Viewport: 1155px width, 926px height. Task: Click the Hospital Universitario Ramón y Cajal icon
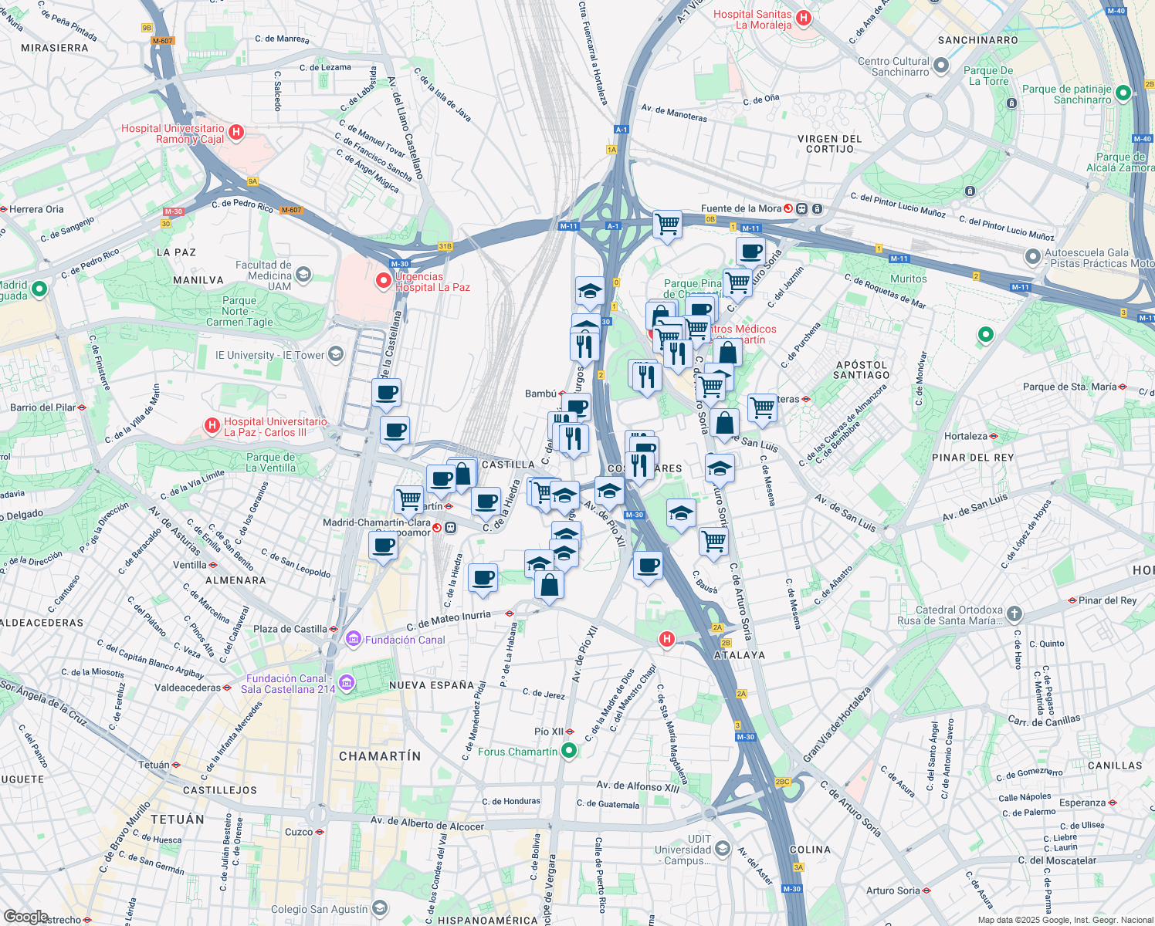[x=236, y=133]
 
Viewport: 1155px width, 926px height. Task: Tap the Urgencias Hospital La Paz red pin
[x=383, y=281]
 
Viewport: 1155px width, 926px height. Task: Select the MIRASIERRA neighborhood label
[x=55, y=48]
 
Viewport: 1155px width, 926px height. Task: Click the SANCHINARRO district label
[x=977, y=40]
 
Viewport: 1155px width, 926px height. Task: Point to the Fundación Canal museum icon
[x=354, y=639]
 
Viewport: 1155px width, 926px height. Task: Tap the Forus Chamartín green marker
[x=569, y=750]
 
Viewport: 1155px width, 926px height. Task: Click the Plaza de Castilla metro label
[x=290, y=629]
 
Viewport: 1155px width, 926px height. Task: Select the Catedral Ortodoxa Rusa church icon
[x=1014, y=614]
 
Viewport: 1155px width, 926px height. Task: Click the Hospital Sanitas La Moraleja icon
[x=803, y=17]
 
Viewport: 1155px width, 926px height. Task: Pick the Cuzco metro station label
[x=299, y=832]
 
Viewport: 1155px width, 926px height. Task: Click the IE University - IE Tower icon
[x=335, y=354]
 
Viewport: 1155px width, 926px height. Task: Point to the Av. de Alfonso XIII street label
[x=638, y=786]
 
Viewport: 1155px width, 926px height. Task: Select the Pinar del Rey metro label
[x=1107, y=600]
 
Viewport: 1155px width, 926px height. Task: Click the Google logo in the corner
[x=25, y=916]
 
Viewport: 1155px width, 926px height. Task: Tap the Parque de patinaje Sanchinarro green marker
[x=1123, y=93]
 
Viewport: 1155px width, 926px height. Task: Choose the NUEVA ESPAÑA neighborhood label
[x=432, y=685]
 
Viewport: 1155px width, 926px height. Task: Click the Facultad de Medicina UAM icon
[x=303, y=274]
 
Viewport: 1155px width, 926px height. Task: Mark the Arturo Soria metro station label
[x=892, y=891]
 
